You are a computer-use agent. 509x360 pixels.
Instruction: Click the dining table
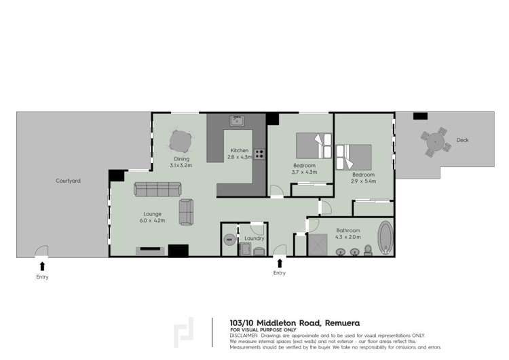180,142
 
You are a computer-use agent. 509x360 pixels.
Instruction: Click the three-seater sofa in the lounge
155,189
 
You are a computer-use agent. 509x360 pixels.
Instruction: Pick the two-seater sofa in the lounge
186,212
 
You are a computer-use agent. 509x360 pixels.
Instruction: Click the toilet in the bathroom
368,250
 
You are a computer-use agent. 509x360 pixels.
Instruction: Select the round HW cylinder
229,239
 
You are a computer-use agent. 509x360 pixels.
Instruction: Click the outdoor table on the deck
434,143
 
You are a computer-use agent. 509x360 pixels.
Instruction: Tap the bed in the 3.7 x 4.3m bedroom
314,145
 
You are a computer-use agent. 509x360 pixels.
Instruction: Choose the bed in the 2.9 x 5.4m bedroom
355,156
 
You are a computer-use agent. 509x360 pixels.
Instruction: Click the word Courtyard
68,181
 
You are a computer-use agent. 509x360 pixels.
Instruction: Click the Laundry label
254,238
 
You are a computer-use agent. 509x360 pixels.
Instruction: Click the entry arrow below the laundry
280,263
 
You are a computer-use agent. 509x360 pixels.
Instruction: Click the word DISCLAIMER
243,335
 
